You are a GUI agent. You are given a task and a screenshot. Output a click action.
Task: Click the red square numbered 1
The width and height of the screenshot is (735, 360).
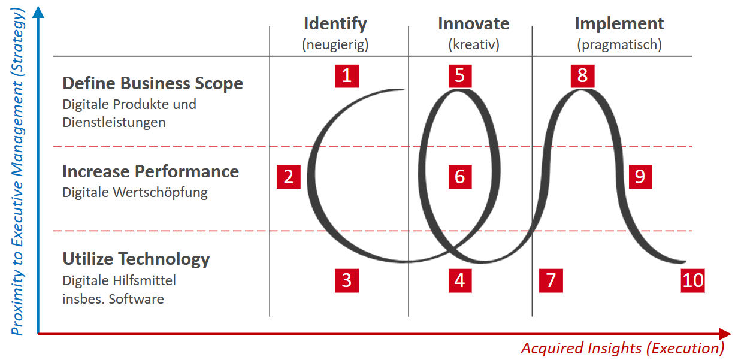(346, 75)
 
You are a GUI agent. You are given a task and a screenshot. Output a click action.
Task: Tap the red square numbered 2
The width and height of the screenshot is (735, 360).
(289, 177)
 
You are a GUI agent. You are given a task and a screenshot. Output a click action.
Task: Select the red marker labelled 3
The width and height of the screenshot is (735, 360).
(346, 280)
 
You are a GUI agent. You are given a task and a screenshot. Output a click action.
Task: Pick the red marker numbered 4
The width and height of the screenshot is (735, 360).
(459, 280)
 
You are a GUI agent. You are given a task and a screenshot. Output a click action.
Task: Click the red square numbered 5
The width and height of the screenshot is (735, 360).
(459, 75)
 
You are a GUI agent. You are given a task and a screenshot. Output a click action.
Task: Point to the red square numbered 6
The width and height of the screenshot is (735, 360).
(459, 177)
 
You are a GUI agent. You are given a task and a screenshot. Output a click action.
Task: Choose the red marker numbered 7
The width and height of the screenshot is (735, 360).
(551, 280)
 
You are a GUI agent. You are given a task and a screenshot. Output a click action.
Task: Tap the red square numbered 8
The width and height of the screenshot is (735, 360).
(582, 75)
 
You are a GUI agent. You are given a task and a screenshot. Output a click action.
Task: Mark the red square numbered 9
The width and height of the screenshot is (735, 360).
(640, 177)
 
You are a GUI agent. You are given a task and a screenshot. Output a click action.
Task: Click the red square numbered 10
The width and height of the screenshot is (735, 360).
(693, 280)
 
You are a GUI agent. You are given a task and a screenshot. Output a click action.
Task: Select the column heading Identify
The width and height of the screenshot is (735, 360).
(335, 24)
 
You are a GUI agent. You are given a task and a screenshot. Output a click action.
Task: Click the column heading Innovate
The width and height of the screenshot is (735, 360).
(473, 24)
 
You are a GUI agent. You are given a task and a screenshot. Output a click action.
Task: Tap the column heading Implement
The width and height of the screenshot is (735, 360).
(619, 24)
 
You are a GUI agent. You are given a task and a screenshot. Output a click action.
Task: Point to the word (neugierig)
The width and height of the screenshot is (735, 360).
(335, 44)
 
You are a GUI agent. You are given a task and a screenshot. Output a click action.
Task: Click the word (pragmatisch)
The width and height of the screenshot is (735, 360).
(619, 44)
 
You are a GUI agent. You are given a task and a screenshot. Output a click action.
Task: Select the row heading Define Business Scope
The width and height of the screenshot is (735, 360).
(153, 83)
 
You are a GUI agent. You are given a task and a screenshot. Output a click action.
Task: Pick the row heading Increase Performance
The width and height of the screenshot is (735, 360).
(150, 171)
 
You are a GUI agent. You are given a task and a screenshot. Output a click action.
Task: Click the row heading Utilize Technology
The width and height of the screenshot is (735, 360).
(136, 259)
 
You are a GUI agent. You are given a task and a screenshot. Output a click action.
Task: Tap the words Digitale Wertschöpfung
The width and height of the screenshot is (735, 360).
(135, 192)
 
